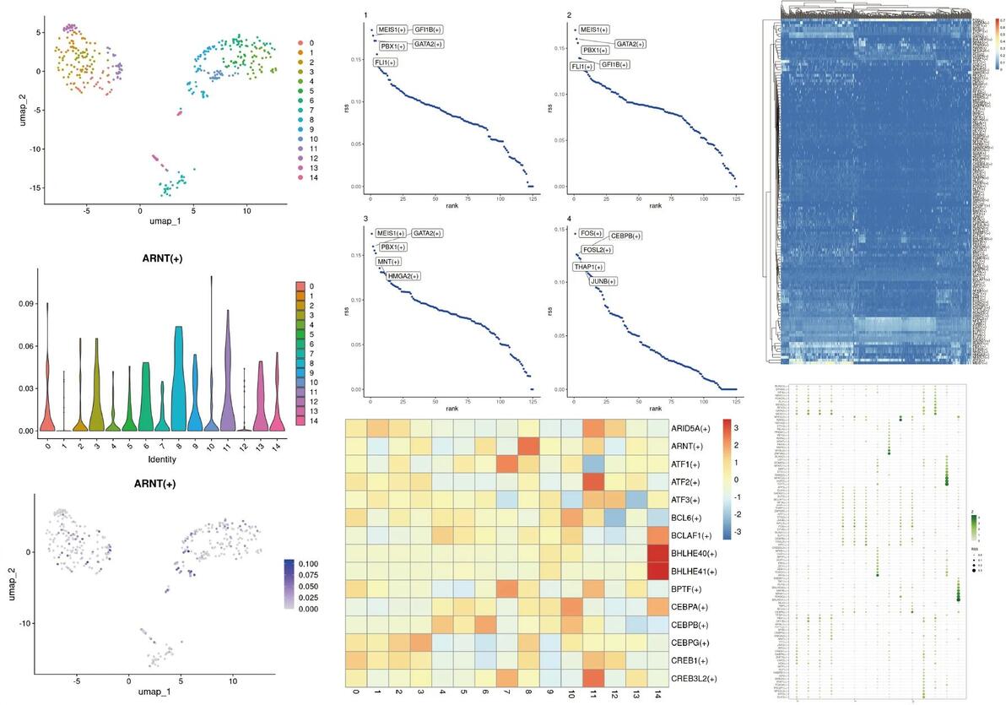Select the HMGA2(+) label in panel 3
tap(403, 276)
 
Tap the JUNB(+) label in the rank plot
tap(603, 281)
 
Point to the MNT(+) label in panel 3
tap(389, 262)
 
